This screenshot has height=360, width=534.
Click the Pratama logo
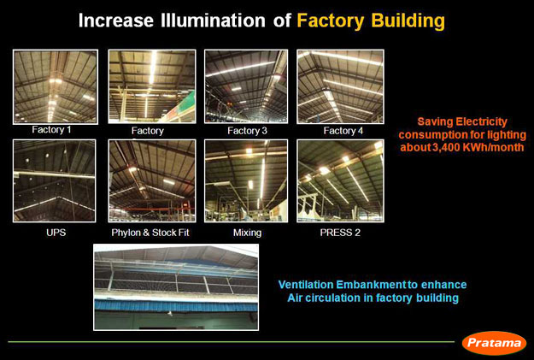494,343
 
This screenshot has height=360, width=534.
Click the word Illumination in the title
213,21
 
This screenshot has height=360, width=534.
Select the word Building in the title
408,21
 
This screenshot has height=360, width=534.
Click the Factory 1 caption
51,129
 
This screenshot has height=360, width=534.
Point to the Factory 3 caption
247,131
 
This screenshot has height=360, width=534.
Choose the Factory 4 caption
343,131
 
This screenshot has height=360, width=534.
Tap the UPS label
56,233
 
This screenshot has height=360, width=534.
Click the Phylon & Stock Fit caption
150,233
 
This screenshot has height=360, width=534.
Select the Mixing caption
247,233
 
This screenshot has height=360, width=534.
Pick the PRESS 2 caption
340,233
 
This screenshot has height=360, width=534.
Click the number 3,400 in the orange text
448,147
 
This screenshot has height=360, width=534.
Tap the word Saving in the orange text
435,122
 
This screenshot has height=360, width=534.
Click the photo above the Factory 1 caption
56,86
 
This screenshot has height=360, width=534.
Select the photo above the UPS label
54,180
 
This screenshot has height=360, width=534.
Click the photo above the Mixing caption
246,180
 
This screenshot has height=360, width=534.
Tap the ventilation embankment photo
176,287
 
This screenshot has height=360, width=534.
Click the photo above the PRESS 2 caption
340,180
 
